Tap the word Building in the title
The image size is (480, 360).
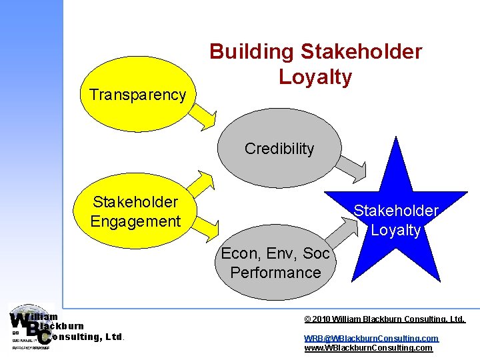click(x=251, y=52)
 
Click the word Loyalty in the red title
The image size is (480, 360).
click(x=315, y=77)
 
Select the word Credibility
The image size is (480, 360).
click(x=279, y=149)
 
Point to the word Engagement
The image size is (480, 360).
click(x=135, y=221)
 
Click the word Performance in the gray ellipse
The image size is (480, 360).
click(x=275, y=273)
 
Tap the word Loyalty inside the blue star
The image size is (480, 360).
click(x=396, y=231)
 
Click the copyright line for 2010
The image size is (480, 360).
click(x=385, y=320)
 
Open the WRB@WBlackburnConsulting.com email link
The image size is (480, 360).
click(x=371, y=339)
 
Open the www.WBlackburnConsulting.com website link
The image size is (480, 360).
click(x=368, y=348)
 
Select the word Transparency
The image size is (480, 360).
click(x=138, y=95)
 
